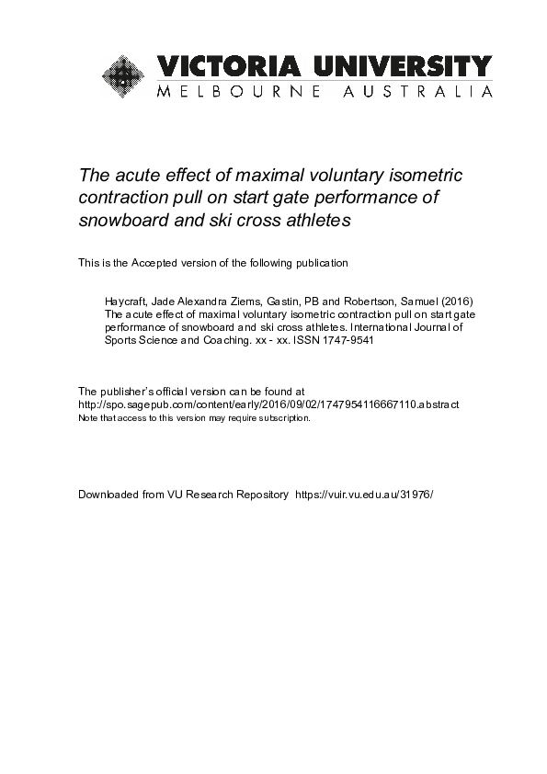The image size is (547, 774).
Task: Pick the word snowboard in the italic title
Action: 123,221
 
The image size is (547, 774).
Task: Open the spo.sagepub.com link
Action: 268,404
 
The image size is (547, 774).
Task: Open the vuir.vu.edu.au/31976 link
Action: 362,495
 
